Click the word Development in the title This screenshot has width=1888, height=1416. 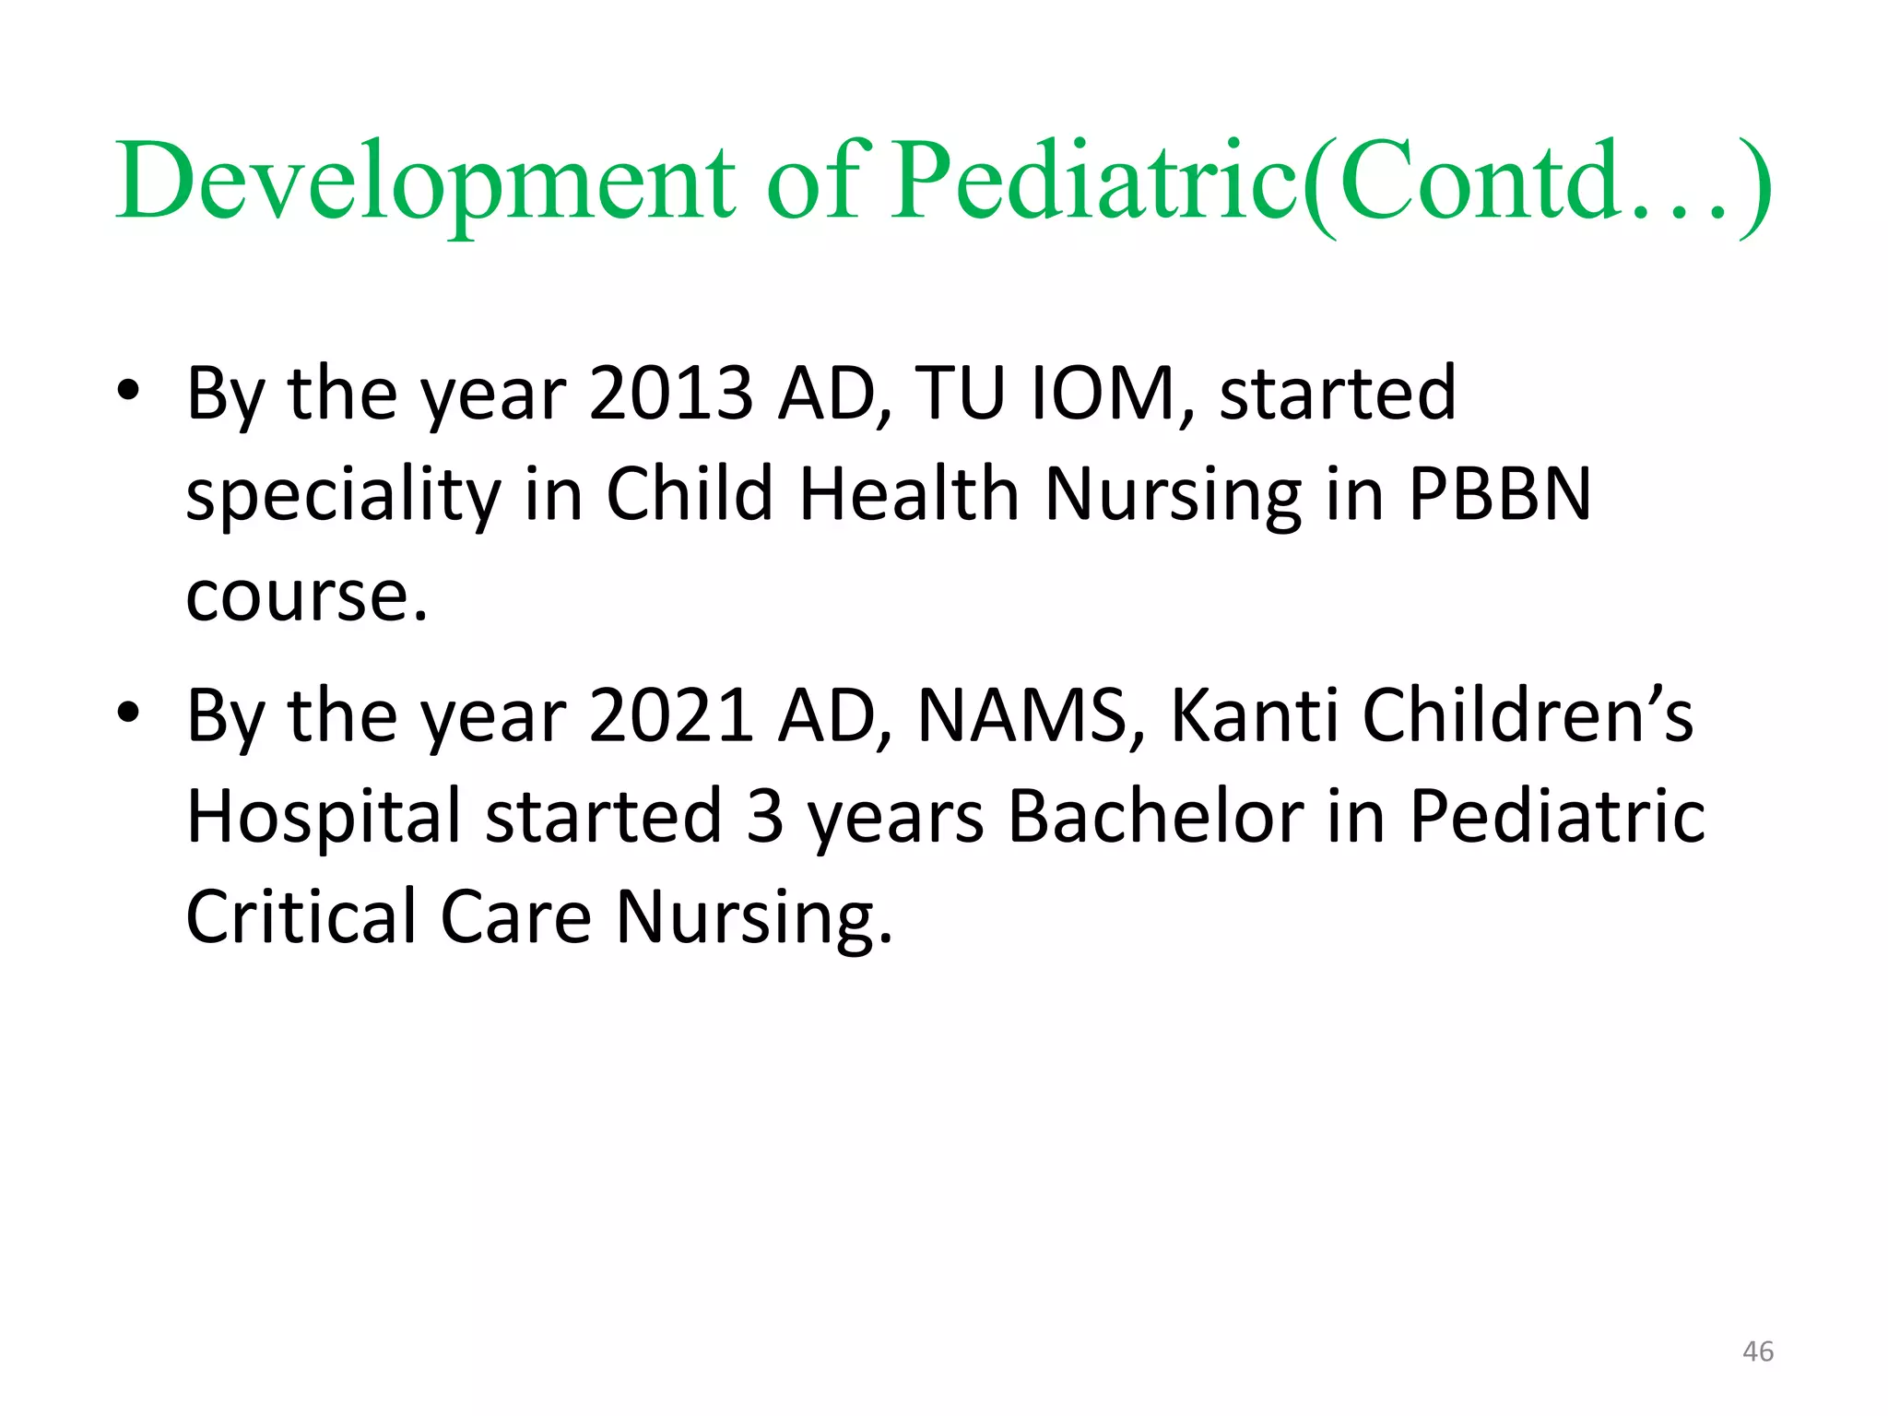coord(424,183)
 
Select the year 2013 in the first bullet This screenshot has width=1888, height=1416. coord(670,394)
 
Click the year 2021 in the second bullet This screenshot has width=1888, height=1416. coord(670,715)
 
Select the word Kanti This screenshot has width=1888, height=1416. coord(1254,715)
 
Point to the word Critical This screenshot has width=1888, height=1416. coord(301,917)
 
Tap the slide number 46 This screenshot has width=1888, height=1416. coord(1758,1351)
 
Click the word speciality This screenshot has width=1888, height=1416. coord(343,496)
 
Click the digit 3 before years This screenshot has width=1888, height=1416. coord(764,817)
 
